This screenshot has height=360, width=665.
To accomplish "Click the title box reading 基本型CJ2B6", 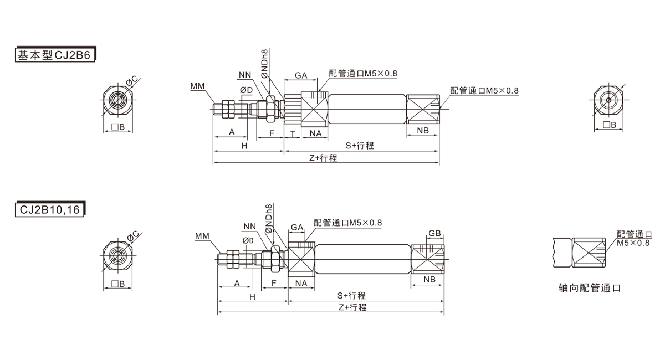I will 55,55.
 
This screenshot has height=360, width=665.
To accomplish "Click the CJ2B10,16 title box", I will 50,210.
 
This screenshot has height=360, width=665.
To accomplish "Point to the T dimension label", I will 292,133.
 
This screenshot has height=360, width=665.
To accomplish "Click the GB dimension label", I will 434,233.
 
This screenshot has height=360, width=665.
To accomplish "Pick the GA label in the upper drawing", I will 301,75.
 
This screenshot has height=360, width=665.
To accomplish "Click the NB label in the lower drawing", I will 429,280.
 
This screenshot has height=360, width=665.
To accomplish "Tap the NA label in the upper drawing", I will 315,133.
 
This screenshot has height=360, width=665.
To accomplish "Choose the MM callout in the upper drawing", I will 197,86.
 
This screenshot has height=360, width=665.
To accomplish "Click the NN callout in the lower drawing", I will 249,226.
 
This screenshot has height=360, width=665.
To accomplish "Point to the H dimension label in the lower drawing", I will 252,297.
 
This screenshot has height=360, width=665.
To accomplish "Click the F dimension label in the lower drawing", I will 274,283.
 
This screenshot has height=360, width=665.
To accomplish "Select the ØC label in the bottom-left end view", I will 133,237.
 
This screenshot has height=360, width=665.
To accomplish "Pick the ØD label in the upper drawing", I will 246,90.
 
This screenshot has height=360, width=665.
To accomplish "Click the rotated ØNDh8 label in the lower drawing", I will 269,218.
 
